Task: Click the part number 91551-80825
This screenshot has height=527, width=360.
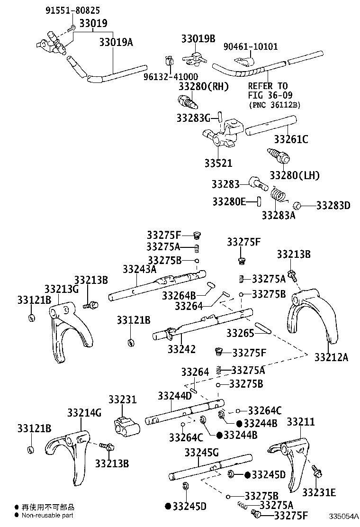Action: (x=72, y=10)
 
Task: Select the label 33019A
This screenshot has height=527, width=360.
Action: (x=116, y=42)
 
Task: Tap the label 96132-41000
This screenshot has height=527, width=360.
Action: (x=171, y=77)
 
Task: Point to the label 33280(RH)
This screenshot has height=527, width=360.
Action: (x=204, y=86)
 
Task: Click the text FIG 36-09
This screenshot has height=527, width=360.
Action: (x=270, y=95)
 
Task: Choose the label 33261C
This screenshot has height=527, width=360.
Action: (x=291, y=139)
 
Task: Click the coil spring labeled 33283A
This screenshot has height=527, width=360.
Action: (x=279, y=195)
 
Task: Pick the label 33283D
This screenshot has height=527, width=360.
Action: (x=333, y=205)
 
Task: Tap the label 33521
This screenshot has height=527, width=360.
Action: (x=218, y=163)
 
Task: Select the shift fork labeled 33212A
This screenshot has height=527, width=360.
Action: (x=312, y=316)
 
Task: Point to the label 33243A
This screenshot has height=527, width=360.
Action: (x=139, y=269)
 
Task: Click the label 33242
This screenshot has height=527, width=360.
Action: (x=182, y=349)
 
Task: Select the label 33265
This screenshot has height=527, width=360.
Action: (x=241, y=333)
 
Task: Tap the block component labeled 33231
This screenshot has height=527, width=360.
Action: (x=127, y=426)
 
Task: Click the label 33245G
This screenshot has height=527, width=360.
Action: (x=201, y=453)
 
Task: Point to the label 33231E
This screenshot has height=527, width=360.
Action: (x=319, y=492)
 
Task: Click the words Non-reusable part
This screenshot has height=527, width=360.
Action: (x=47, y=515)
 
